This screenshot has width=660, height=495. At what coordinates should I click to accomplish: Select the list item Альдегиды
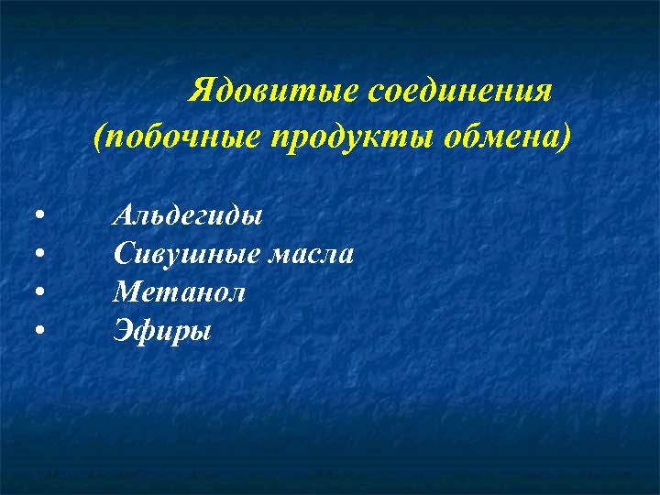pos(187,217)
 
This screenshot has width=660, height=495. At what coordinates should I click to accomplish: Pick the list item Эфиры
pos(161,329)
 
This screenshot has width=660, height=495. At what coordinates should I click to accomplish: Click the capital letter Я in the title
pos(200,92)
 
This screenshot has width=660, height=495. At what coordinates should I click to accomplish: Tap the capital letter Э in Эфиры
pos(123,328)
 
